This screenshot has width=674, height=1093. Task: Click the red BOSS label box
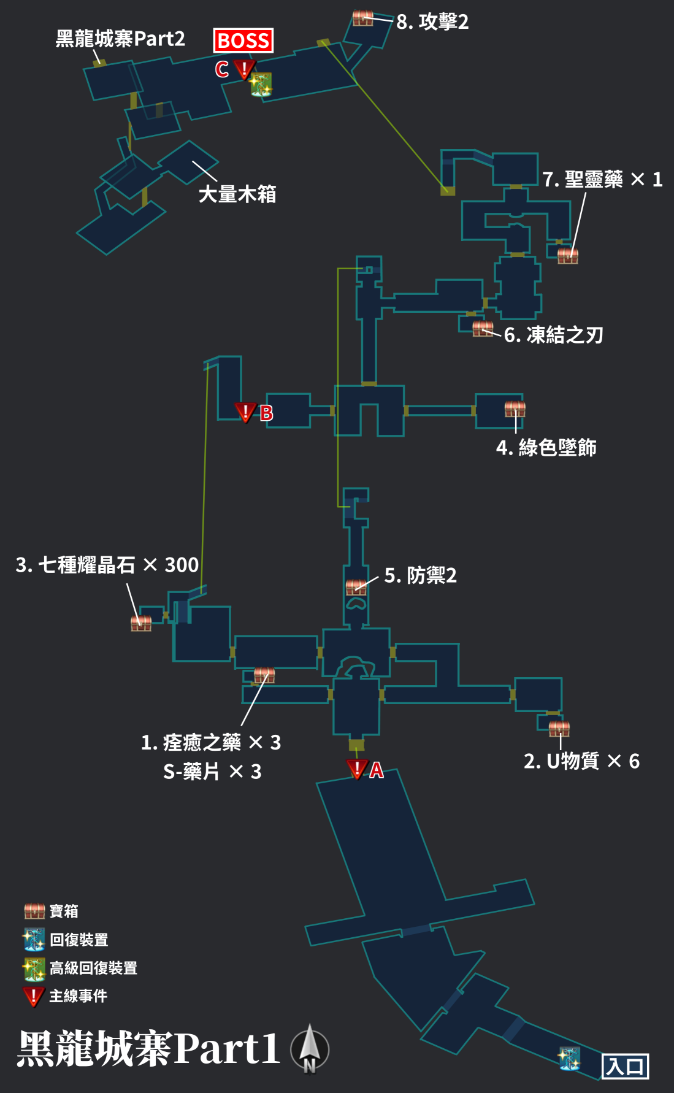[x=243, y=40]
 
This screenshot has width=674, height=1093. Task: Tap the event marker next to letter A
[x=356, y=769]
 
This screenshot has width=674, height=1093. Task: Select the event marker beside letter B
[x=245, y=412]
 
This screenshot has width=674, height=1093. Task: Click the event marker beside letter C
[x=244, y=69]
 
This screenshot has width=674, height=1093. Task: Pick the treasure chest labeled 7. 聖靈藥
[x=568, y=255]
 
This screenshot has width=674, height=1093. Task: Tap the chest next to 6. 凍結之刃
[x=483, y=329]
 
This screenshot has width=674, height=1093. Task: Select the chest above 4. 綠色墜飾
[x=515, y=408]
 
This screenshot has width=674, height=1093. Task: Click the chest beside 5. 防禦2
[x=356, y=587]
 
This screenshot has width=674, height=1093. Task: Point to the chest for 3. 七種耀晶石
[x=141, y=623]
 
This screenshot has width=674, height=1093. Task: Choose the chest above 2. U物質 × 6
[x=559, y=728]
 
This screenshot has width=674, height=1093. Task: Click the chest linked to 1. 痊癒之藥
[x=264, y=675]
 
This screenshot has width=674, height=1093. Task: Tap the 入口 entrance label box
[x=625, y=1066]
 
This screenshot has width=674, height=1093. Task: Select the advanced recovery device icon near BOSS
[x=261, y=85]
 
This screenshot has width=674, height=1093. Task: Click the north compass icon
[x=310, y=1049]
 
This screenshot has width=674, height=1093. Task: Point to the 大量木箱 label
[x=237, y=194]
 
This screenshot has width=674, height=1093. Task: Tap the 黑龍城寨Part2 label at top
[x=120, y=39]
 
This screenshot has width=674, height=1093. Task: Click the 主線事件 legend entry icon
[x=34, y=996]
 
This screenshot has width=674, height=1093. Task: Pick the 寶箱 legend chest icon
[x=34, y=911]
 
